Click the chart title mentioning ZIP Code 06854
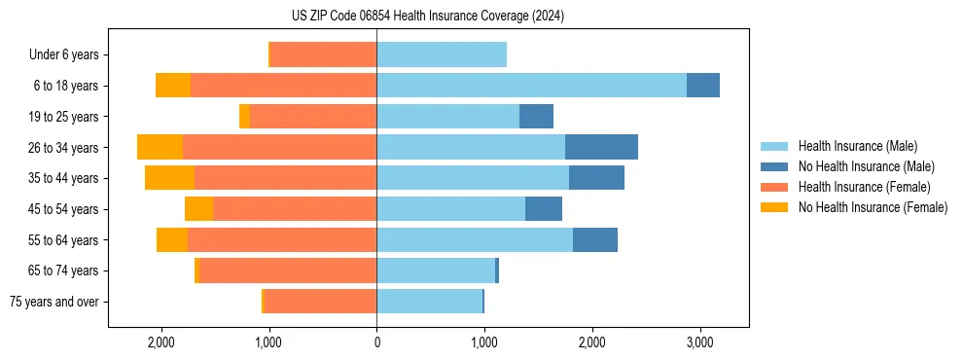pos(427,16)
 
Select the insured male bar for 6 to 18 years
pos(531,86)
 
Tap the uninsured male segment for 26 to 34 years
pos(601,147)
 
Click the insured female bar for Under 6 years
pos(323,54)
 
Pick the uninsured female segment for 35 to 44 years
pos(169,178)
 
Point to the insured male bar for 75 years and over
pos(429,302)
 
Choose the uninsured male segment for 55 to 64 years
pos(594,240)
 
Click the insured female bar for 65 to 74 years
pos(288,270)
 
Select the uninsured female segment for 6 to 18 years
pos(173,86)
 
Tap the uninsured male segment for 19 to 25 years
pos(536,117)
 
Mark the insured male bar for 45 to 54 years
pos(450,209)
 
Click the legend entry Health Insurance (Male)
pos(856,146)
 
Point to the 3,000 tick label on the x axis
pos(699,342)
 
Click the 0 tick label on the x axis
pos(376,342)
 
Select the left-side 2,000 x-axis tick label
pos(160,342)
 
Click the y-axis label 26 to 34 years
pos(63,148)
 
